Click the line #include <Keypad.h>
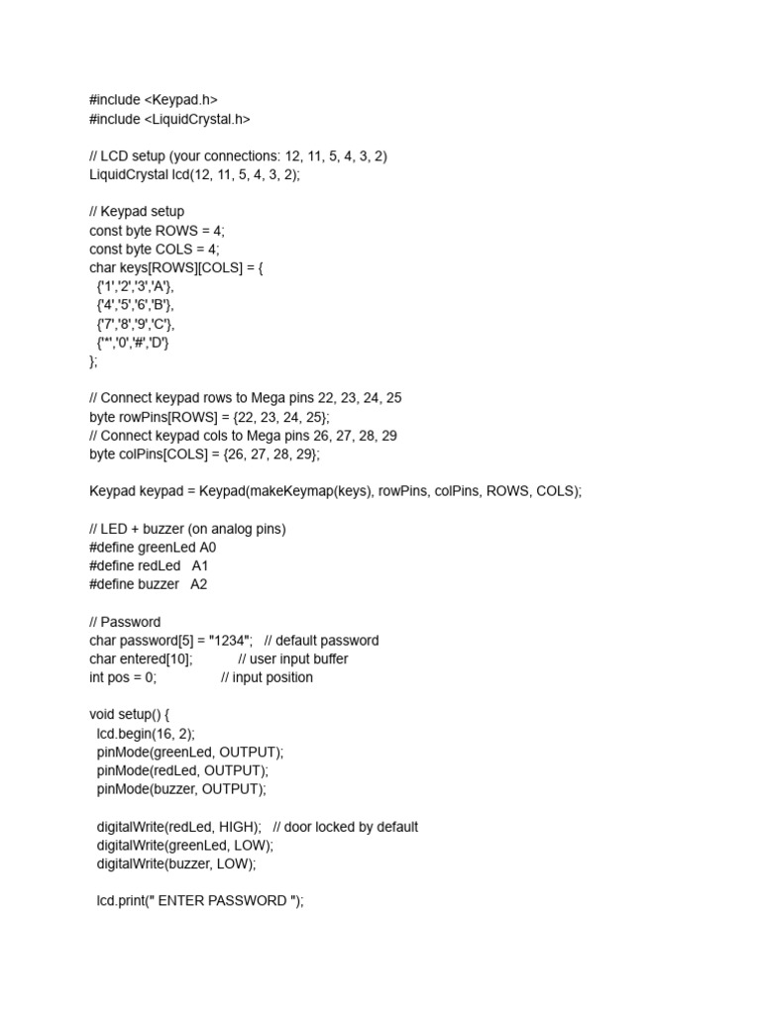[x=153, y=100]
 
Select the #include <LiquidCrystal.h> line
[x=169, y=119]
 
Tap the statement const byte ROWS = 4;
[x=157, y=231]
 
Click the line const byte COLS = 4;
[x=155, y=250]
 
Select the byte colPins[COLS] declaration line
[x=204, y=455]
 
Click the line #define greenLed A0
[x=153, y=547]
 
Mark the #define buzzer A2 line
[x=148, y=584]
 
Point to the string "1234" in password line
[x=231, y=641]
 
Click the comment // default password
[x=321, y=641]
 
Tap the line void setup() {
[x=130, y=714]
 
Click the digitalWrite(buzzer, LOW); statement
[x=175, y=863]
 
